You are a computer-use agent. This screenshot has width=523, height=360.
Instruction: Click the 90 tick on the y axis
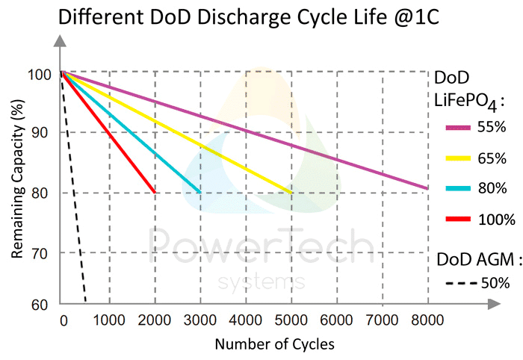click(40, 132)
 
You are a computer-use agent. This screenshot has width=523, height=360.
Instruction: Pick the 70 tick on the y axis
click(40, 254)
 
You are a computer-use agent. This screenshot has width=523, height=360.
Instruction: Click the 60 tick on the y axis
click(40, 305)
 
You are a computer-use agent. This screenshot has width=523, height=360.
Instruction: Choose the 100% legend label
click(497, 220)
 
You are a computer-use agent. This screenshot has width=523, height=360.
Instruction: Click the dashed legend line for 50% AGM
click(459, 283)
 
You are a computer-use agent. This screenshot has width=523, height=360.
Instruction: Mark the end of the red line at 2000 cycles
click(155, 192)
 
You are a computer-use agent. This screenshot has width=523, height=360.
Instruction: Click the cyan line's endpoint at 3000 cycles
click(199, 192)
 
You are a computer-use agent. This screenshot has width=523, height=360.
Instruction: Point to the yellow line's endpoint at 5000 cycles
click(291, 192)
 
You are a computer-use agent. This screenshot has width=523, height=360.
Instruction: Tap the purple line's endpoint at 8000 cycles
click(426, 188)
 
